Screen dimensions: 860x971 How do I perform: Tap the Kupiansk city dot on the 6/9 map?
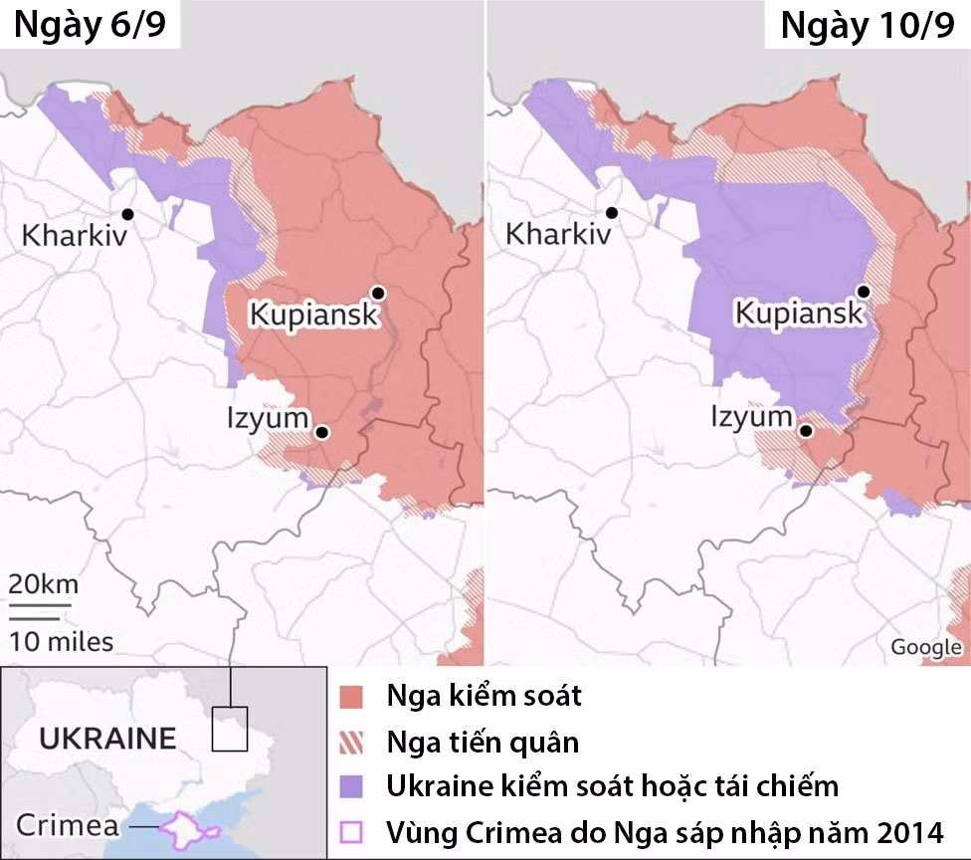click(x=378, y=292)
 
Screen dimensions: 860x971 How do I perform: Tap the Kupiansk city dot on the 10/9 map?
click(x=864, y=292)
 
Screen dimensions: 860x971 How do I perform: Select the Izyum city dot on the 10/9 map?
click(x=807, y=432)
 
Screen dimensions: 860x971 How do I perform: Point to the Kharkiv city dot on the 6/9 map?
click(x=128, y=213)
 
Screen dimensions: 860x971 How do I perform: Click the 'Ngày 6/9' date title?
click(x=90, y=26)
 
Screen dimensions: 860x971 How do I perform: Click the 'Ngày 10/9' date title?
click(x=867, y=26)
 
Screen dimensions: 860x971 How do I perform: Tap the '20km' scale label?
click(x=44, y=583)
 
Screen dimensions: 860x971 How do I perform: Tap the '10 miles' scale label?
click(x=62, y=641)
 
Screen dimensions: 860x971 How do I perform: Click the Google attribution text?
click(x=925, y=648)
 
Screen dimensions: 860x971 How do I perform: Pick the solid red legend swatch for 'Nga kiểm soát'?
click(x=350, y=696)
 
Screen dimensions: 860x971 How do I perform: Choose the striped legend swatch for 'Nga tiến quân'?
click(x=350, y=742)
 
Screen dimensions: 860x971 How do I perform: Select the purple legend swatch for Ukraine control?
click(x=350, y=786)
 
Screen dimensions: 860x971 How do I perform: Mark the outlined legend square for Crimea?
click(x=350, y=831)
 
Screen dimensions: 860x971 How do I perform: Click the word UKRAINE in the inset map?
click(x=107, y=739)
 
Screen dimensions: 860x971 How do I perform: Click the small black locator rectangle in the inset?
click(x=229, y=728)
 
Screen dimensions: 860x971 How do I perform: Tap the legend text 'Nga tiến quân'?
click(x=483, y=742)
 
